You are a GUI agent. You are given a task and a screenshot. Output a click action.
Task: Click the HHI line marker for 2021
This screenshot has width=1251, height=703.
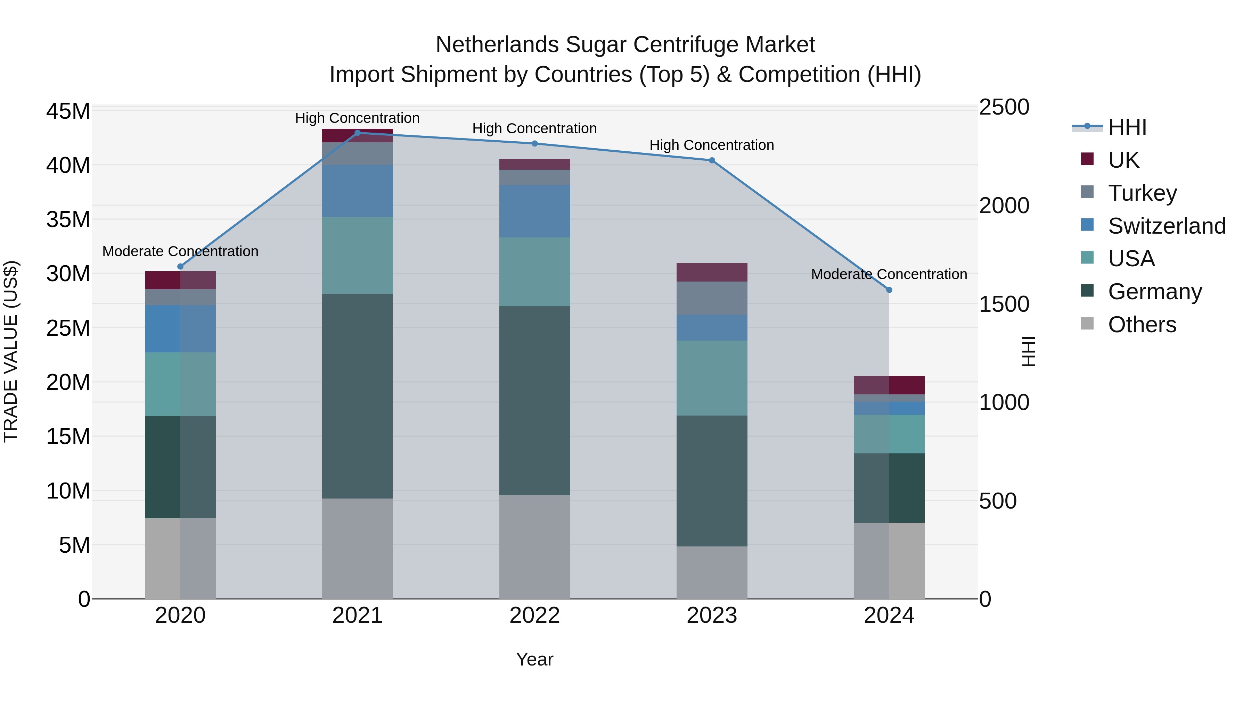point(358,133)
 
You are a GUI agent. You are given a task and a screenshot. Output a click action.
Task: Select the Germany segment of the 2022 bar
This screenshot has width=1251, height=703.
point(535,400)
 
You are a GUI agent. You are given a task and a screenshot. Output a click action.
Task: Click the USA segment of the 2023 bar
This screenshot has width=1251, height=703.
point(712,378)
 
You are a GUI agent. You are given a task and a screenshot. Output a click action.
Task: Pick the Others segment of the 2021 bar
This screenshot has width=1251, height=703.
point(358,548)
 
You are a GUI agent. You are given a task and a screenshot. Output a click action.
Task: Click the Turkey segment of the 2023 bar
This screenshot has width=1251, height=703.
point(712,298)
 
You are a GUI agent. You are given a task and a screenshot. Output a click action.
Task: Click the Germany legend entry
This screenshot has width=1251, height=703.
point(1154,292)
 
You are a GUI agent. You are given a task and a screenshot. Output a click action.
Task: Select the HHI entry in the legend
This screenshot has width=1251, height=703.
point(1127,127)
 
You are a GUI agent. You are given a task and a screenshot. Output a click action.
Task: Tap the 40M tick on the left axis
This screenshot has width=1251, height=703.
point(68,166)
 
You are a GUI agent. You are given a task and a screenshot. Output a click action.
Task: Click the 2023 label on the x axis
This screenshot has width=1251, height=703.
point(712,616)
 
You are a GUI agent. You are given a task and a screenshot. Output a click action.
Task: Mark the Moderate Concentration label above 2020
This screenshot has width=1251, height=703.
point(180,251)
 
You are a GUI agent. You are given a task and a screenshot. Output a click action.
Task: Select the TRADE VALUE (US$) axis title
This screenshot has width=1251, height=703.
point(11,351)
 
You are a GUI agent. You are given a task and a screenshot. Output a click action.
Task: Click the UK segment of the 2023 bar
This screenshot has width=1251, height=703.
point(712,272)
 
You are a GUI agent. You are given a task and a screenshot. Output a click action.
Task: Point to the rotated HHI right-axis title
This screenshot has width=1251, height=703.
point(1029,351)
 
